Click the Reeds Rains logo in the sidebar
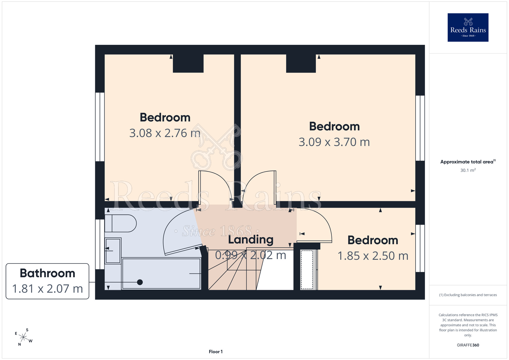468,27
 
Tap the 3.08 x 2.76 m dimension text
165,133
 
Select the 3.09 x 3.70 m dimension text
334,142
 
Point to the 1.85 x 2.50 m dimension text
373,256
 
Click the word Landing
251,240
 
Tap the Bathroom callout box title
48,273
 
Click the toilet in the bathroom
120,223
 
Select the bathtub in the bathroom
161,273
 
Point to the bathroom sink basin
113,251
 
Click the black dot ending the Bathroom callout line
140,282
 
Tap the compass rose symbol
23,337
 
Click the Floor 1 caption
216,352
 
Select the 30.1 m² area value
468,170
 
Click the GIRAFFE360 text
468,345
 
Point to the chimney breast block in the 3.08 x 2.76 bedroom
188,63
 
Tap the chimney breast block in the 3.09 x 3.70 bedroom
301,63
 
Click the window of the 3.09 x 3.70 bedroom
420,128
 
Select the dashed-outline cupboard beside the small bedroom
307,270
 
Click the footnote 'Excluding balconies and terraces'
468,295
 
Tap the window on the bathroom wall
100,244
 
